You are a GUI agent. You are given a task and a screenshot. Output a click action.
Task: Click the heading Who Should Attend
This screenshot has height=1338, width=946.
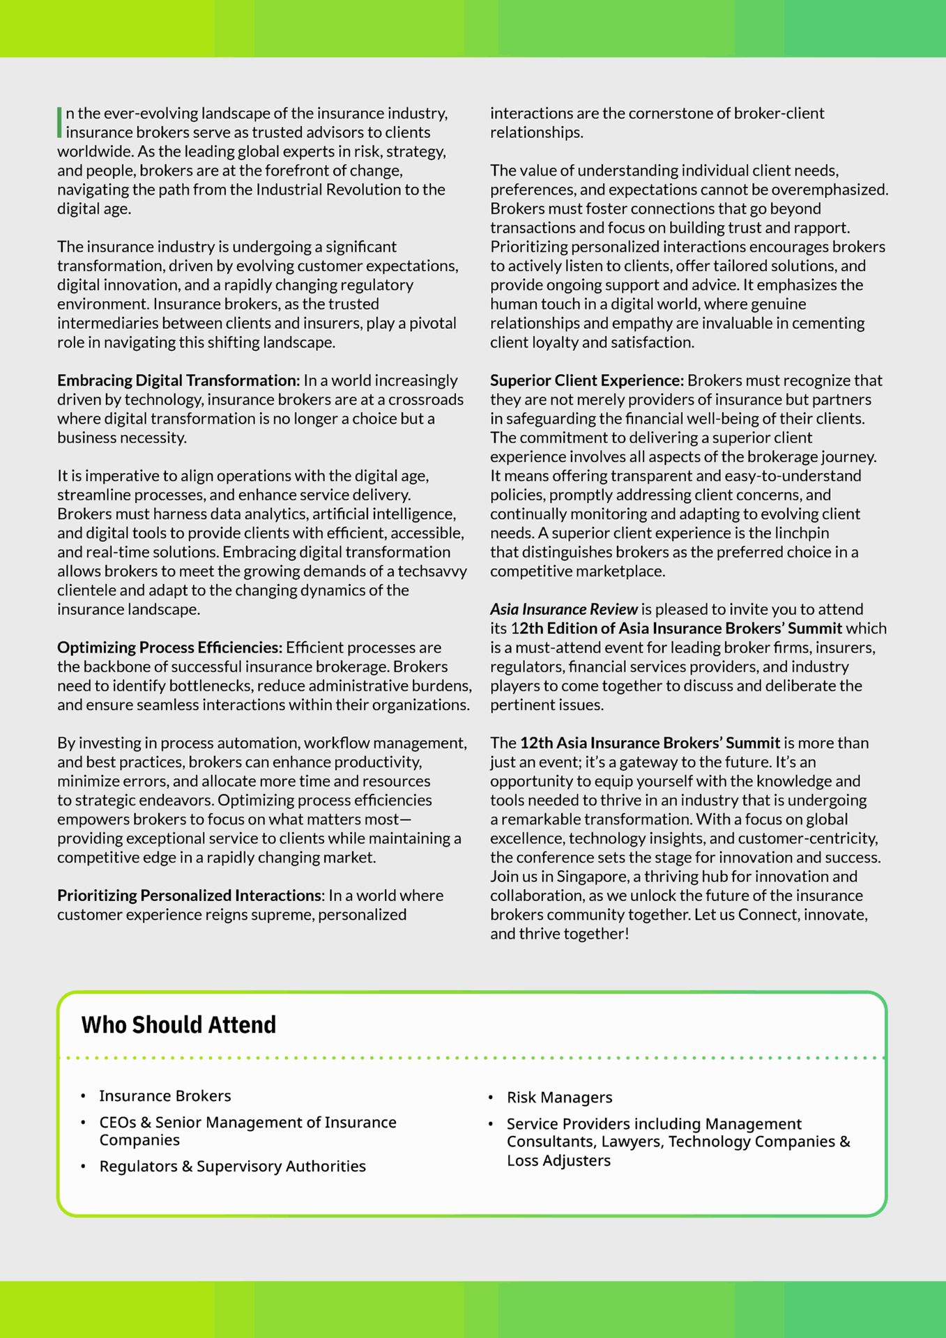tap(178, 1024)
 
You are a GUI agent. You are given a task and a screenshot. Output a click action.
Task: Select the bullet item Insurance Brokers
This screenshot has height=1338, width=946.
tap(165, 1095)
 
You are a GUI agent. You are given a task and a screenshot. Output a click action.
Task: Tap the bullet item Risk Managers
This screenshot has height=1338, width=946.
tap(559, 1097)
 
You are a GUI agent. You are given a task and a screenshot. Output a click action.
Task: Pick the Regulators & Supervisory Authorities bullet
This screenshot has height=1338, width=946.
tap(232, 1166)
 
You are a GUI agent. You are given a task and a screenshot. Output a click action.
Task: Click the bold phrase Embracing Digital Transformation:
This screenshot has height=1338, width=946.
tap(178, 380)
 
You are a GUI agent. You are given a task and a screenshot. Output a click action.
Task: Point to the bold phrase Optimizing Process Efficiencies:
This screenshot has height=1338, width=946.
tap(169, 647)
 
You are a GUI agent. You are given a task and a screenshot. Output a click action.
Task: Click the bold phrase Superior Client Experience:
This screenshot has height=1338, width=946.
tap(586, 380)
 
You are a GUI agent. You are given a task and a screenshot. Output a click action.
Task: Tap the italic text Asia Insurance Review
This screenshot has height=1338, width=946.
tap(563, 609)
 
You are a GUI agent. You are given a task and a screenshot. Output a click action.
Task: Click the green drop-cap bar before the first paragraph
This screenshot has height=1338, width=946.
tap(60, 122)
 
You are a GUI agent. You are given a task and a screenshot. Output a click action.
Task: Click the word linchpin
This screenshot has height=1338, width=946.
tap(801, 533)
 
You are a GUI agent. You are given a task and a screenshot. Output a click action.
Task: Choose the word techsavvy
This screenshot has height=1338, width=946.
tap(432, 571)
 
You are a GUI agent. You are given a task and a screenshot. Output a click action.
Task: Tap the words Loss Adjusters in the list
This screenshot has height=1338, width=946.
tap(558, 1160)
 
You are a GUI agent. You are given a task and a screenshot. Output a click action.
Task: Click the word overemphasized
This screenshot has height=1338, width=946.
tap(830, 190)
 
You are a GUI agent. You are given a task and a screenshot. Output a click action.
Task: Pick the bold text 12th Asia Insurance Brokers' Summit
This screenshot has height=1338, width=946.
tap(650, 743)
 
